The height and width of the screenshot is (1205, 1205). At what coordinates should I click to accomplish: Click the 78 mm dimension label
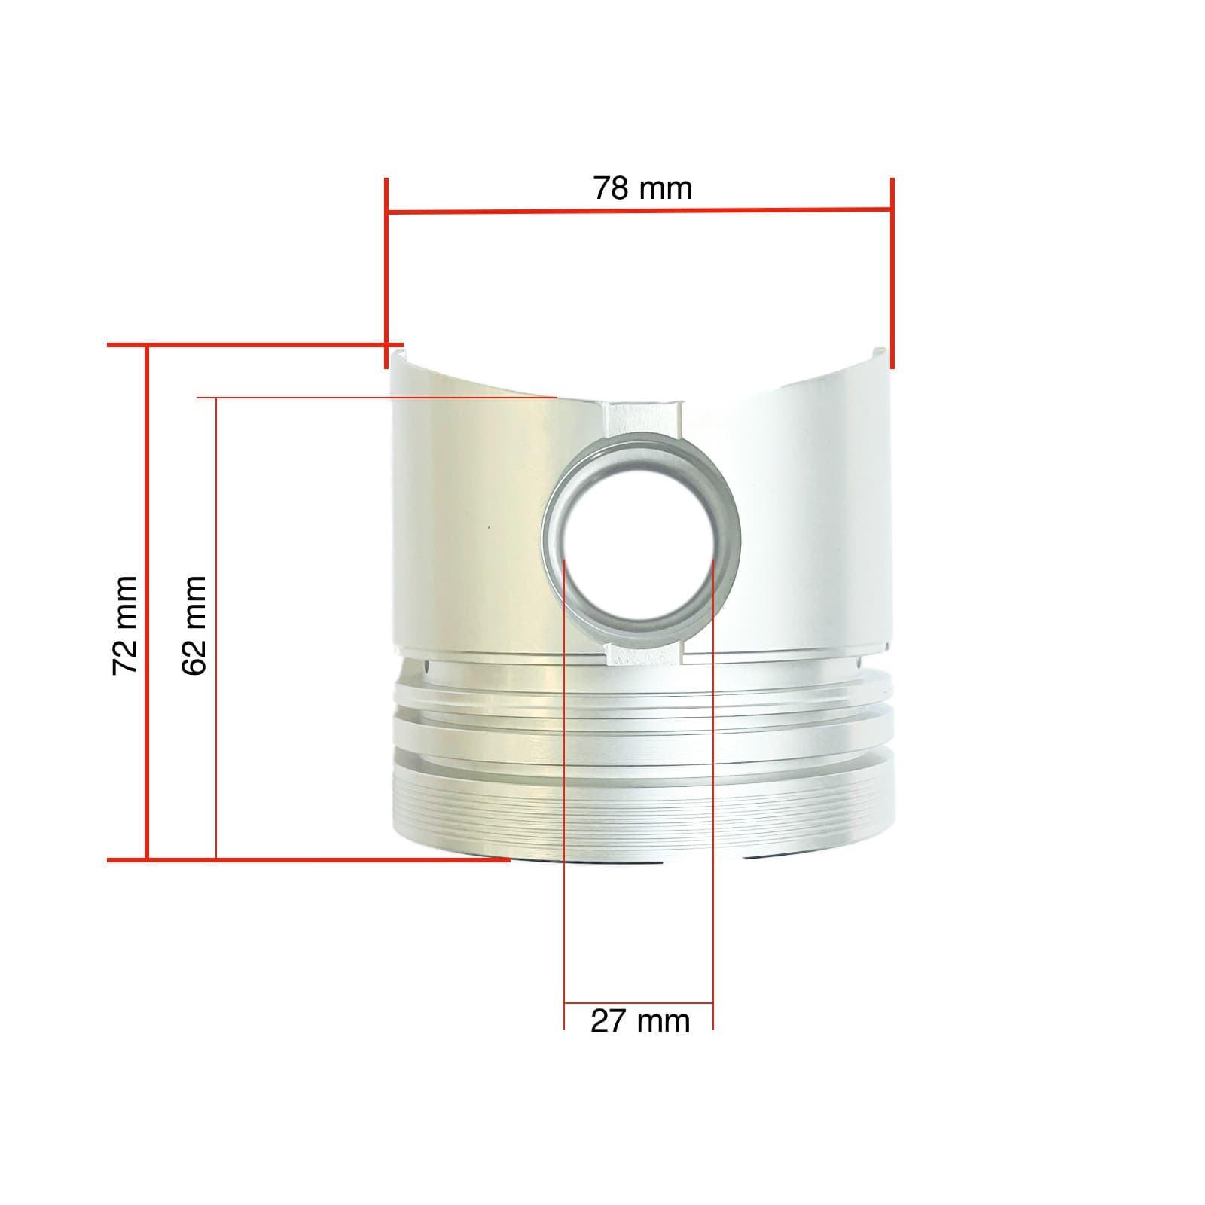[x=642, y=188]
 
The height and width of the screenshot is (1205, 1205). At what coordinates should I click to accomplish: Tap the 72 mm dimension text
[x=125, y=625]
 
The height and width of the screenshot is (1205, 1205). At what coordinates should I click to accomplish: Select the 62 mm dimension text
[x=194, y=625]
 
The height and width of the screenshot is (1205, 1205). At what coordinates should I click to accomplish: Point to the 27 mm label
[x=640, y=1022]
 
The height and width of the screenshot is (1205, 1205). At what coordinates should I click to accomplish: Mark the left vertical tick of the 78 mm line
[x=386, y=271]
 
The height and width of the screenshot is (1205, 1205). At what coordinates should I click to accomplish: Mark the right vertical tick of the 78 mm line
[x=892, y=271]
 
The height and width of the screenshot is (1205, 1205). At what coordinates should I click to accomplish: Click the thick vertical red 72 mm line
[x=146, y=602]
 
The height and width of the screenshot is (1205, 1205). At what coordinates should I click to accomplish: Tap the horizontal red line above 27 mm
[x=639, y=1003]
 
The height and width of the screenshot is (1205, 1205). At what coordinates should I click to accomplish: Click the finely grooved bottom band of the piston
[x=640, y=813]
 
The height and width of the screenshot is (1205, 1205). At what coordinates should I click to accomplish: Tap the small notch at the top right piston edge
[x=878, y=351]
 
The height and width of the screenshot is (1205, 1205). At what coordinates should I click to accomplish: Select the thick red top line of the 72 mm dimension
[x=256, y=346]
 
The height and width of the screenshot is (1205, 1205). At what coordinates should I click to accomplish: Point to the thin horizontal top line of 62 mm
[x=377, y=396]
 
